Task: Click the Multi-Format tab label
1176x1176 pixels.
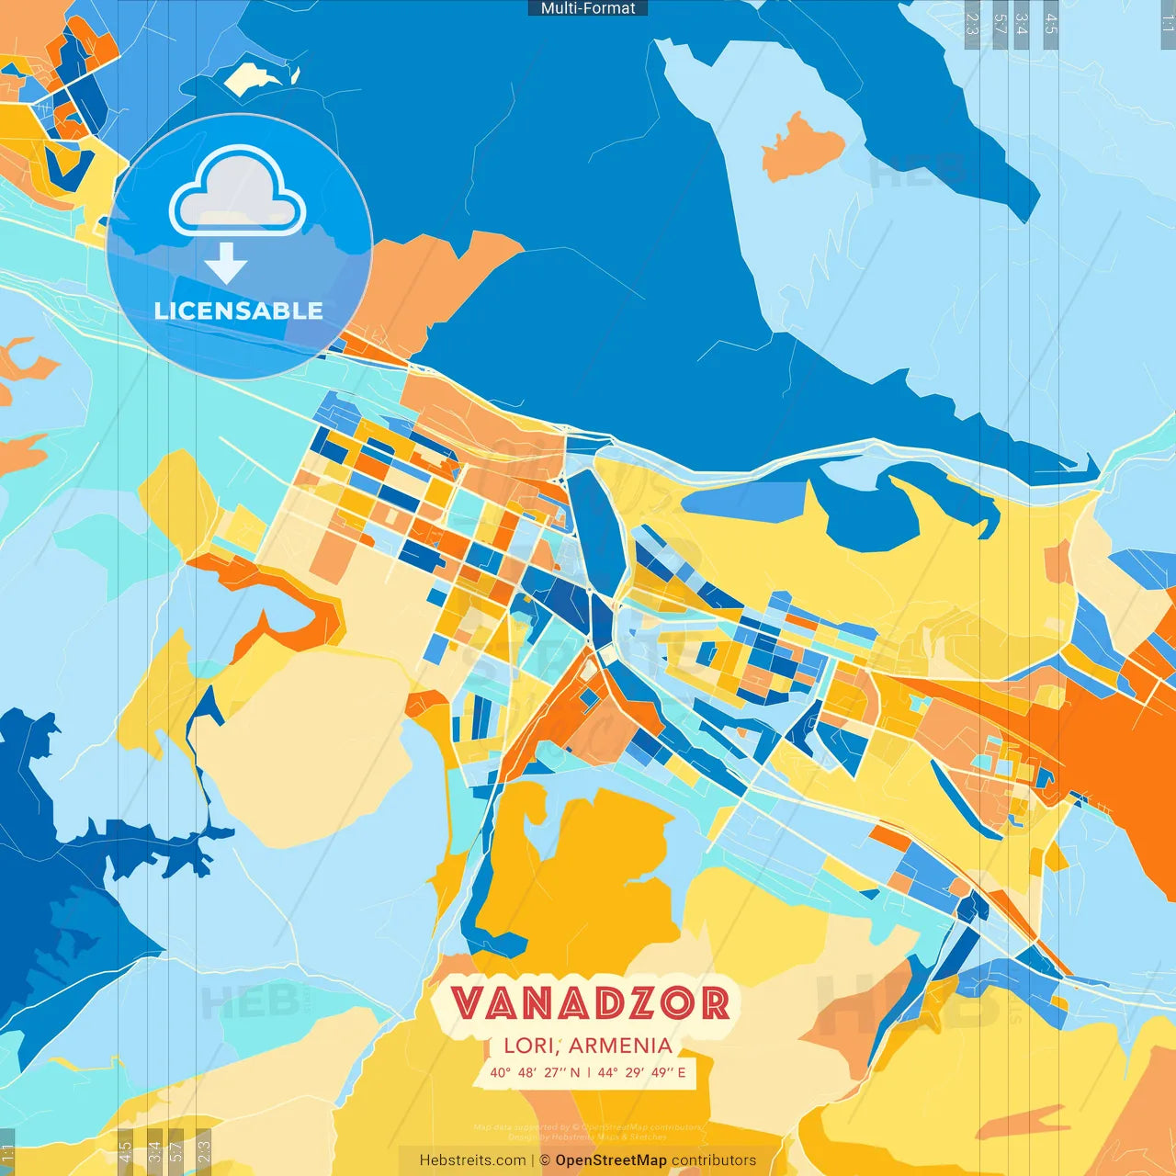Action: click(588, 8)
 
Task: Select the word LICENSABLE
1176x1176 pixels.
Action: click(239, 311)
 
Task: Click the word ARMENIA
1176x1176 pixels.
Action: click(621, 1046)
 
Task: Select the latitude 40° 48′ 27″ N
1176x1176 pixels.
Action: click(535, 1072)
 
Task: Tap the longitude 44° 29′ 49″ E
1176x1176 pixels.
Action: click(641, 1072)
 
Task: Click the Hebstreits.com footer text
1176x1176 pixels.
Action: click(473, 1160)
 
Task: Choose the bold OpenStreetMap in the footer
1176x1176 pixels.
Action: click(611, 1160)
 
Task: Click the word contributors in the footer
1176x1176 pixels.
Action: click(714, 1160)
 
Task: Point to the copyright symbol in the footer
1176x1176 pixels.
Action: click(545, 1160)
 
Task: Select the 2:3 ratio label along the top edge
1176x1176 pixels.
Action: click(972, 24)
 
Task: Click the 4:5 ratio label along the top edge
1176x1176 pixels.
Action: click(1051, 24)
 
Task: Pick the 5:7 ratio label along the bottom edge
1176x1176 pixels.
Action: click(175, 1152)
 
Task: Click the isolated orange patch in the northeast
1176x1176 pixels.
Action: click(802, 146)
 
